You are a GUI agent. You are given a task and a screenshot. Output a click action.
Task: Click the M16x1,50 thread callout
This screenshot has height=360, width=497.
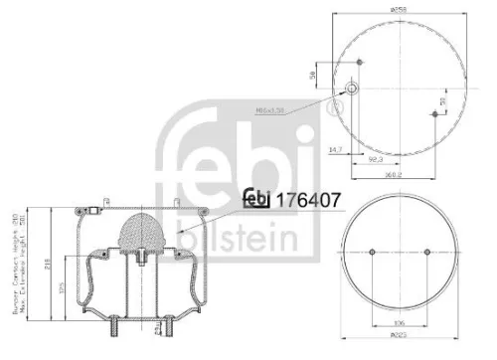(x=270, y=110)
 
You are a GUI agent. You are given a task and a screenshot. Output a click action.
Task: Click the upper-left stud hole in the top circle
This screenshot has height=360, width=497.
(x=357, y=63)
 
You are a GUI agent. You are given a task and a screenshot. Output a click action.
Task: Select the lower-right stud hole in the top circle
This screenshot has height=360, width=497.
(x=435, y=114)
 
